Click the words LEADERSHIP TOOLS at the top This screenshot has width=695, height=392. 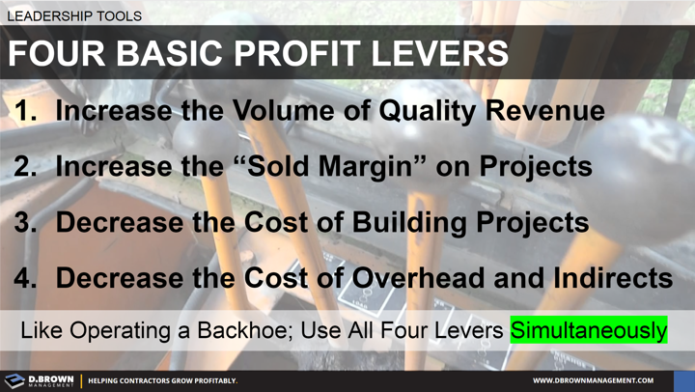point(74,16)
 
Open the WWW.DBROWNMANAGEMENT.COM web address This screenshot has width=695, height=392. point(593,380)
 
